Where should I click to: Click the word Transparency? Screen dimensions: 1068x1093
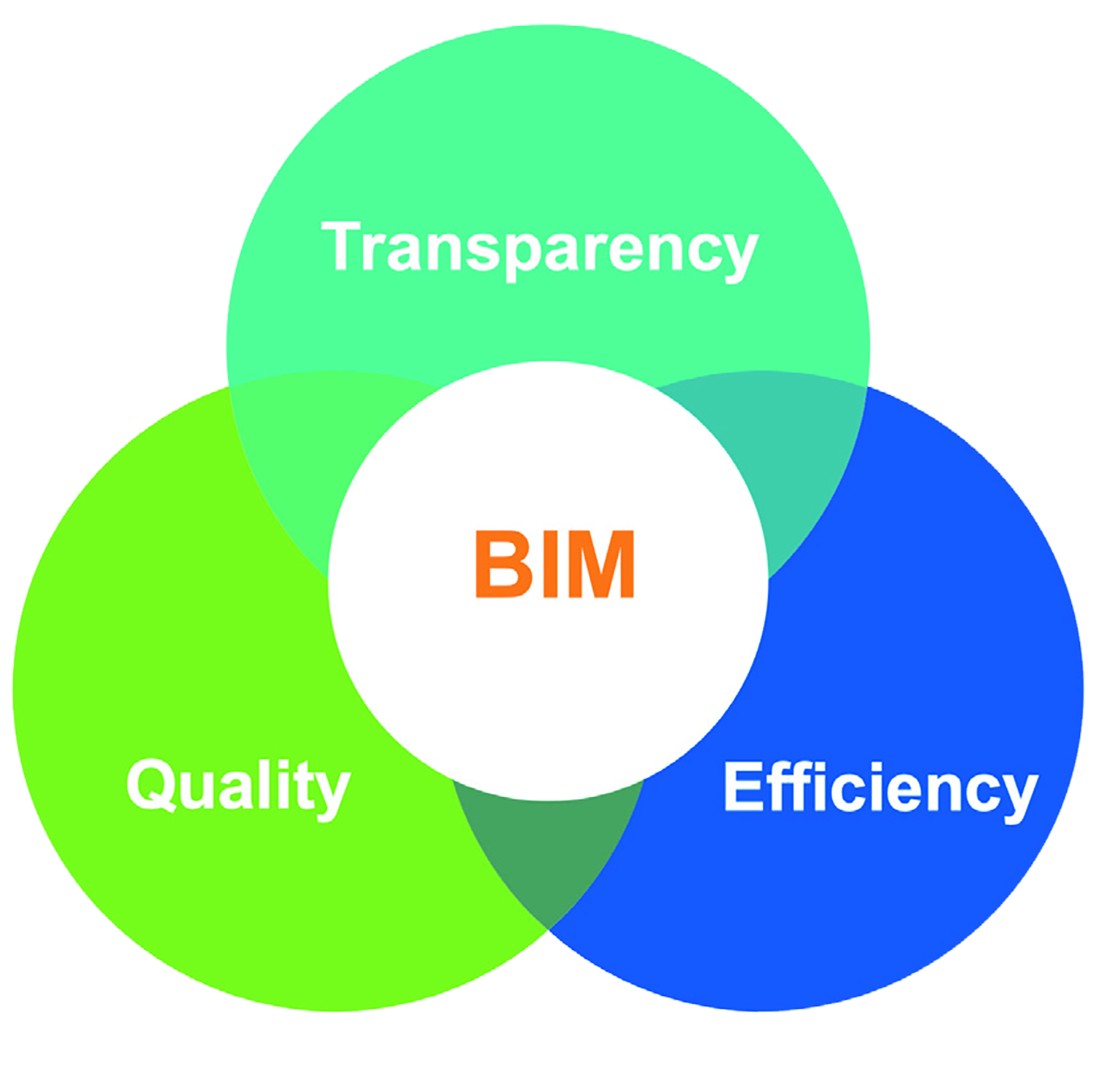pos(540,248)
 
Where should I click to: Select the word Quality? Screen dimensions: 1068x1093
pos(238,786)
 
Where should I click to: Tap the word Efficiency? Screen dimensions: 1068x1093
pos(880,787)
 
